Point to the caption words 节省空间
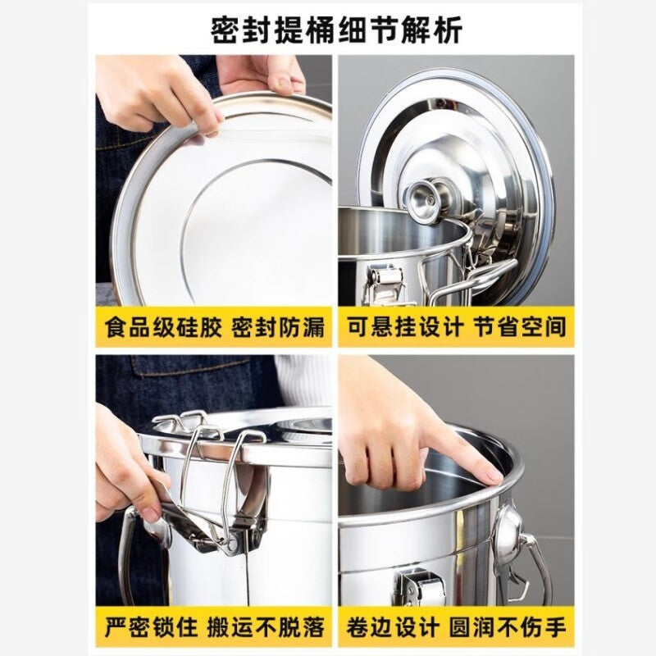(520, 327)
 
